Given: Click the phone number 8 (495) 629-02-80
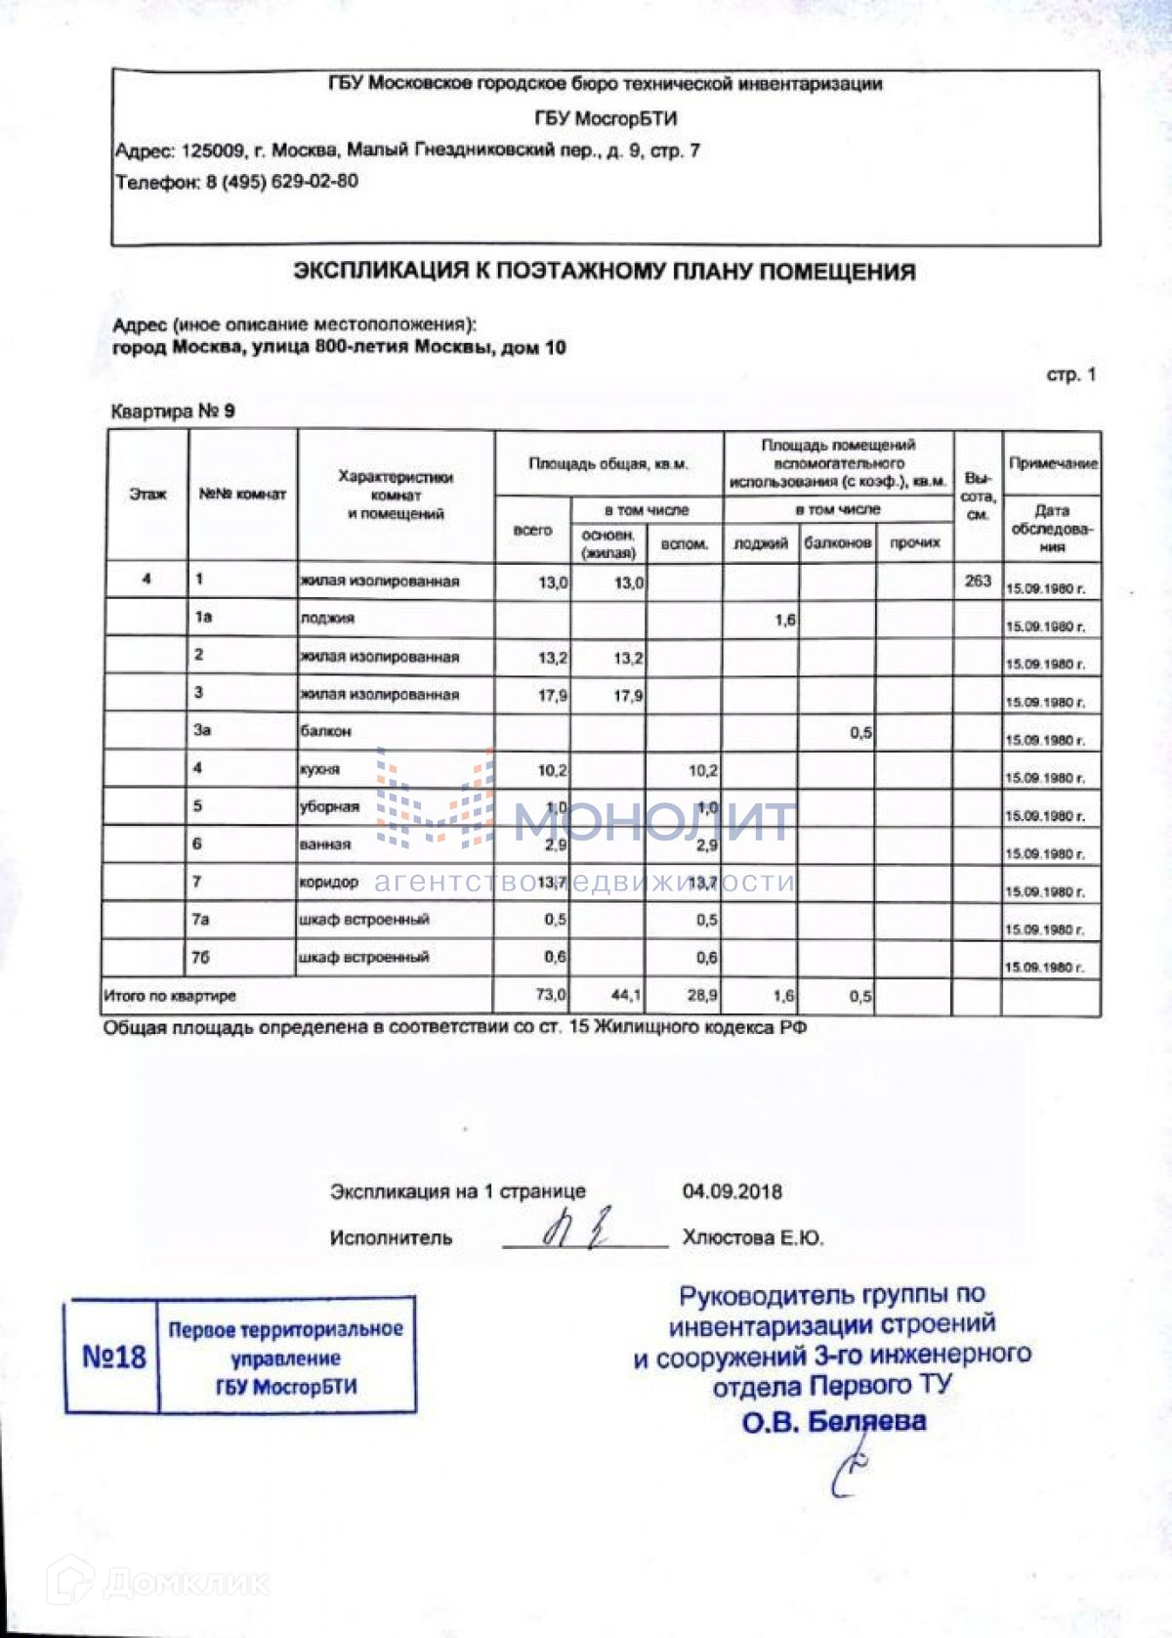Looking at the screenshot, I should pyautogui.click(x=281, y=182).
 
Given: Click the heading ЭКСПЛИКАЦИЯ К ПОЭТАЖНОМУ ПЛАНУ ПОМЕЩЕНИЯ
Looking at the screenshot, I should pyautogui.click(x=605, y=272).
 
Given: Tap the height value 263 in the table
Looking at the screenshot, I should pyautogui.click(x=977, y=581).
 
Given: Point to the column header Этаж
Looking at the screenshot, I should pyautogui.click(x=147, y=495).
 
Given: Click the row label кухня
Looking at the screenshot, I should pyautogui.click(x=320, y=769).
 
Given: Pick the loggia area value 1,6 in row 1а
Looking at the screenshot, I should pyautogui.click(x=783, y=619).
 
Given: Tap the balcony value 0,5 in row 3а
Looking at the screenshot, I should pyautogui.click(x=860, y=732).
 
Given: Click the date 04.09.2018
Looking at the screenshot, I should pyautogui.click(x=732, y=1191).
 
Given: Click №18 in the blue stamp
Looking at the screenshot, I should pyautogui.click(x=113, y=1357).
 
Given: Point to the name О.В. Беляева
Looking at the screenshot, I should pyautogui.click(x=833, y=1421).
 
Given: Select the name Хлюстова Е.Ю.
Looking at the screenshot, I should pyautogui.click(x=752, y=1238).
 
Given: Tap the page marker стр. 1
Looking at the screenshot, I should pyautogui.click(x=1070, y=375).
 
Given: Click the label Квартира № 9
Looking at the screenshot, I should pyautogui.click(x=173, y=411).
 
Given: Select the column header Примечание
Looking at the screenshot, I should pyautogui.click(x=1053, y=463).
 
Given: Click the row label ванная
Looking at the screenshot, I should pyautogui.click(x=325, y=844).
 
